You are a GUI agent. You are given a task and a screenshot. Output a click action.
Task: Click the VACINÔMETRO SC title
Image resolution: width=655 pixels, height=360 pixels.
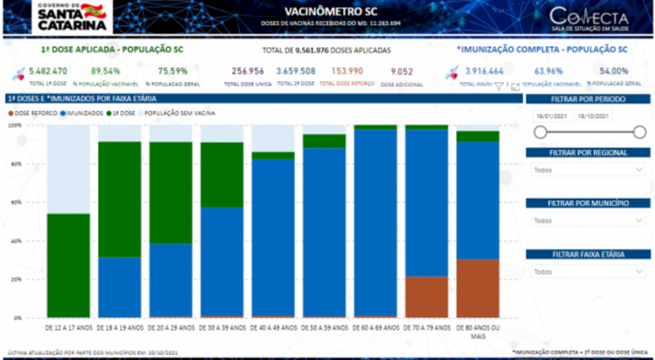click(331, 11)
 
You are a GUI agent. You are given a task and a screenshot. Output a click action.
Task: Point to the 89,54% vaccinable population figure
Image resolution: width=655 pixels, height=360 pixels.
click(106, 71)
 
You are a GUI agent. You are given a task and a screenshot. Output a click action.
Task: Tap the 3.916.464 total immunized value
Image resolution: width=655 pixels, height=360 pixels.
click(484, 71)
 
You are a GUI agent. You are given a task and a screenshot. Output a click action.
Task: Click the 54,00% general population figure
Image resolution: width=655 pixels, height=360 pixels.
click(614, 71)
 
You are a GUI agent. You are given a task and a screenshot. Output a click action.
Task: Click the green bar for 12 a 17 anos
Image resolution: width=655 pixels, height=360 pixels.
click(68, 265)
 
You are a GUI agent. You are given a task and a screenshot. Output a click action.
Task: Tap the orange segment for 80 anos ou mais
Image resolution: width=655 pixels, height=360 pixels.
click(477, 288)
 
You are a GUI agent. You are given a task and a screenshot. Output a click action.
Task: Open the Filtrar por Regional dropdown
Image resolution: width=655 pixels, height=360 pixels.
click(588, 170)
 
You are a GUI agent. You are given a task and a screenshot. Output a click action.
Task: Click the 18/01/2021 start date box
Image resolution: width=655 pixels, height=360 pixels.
click(551, 116)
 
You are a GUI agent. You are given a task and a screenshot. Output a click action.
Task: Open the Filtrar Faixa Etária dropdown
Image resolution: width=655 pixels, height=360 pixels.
click(588, 272)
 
